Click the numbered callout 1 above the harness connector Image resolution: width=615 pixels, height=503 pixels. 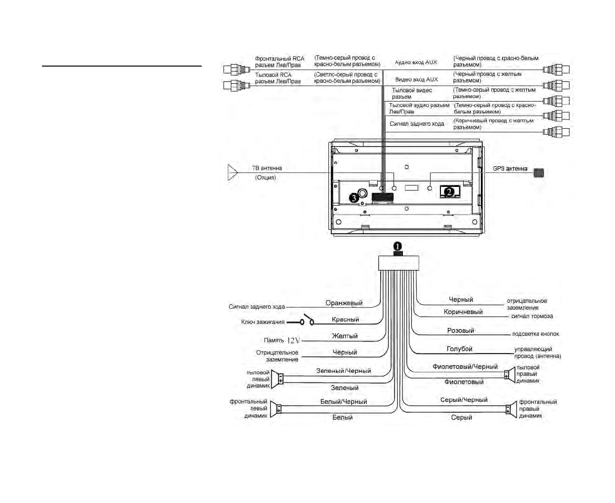pyautogui.click(x=398, y=246)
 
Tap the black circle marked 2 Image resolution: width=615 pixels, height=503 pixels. pyautogui.click(x=449, y=191)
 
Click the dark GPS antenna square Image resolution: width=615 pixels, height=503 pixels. pyautogui.click(x=539, y=173)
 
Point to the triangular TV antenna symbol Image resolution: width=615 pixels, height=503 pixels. pyautogui.click(x=233, y=172)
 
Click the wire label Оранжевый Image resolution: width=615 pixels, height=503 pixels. pyautogui.click(x=344, y=303)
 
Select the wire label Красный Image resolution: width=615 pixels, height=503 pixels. pyautogui.click(x=345, y=319)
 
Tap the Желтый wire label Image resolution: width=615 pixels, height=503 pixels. pyautogui.click(x=345, y=336)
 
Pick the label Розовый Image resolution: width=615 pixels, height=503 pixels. pyautogui.click(x=461, y=330)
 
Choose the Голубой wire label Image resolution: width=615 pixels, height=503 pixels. pyautogui.click(x=459, y=349)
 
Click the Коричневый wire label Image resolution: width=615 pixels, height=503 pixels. pyautogui.click(x=463, y=312)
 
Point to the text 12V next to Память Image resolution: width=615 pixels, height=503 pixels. pyautogui.click(x=293, y=340)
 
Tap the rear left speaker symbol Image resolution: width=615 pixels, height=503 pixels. pyautogui.click(x=277, y=379)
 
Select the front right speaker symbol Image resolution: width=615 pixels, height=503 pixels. pyautogui.click(x=511, y=409)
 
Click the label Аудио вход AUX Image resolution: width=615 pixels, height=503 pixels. pyautogui.click(x=416, y=62)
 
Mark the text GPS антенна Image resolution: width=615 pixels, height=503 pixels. pyautogui.click(x=510, y=169)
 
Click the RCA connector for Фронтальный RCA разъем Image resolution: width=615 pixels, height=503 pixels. pyautogui.click(x=237, y=70)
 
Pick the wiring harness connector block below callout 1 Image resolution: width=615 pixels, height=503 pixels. pyautogui.click(x=398, y=263)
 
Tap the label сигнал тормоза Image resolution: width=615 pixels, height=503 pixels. pyautogui.click(x=532, y=316)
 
